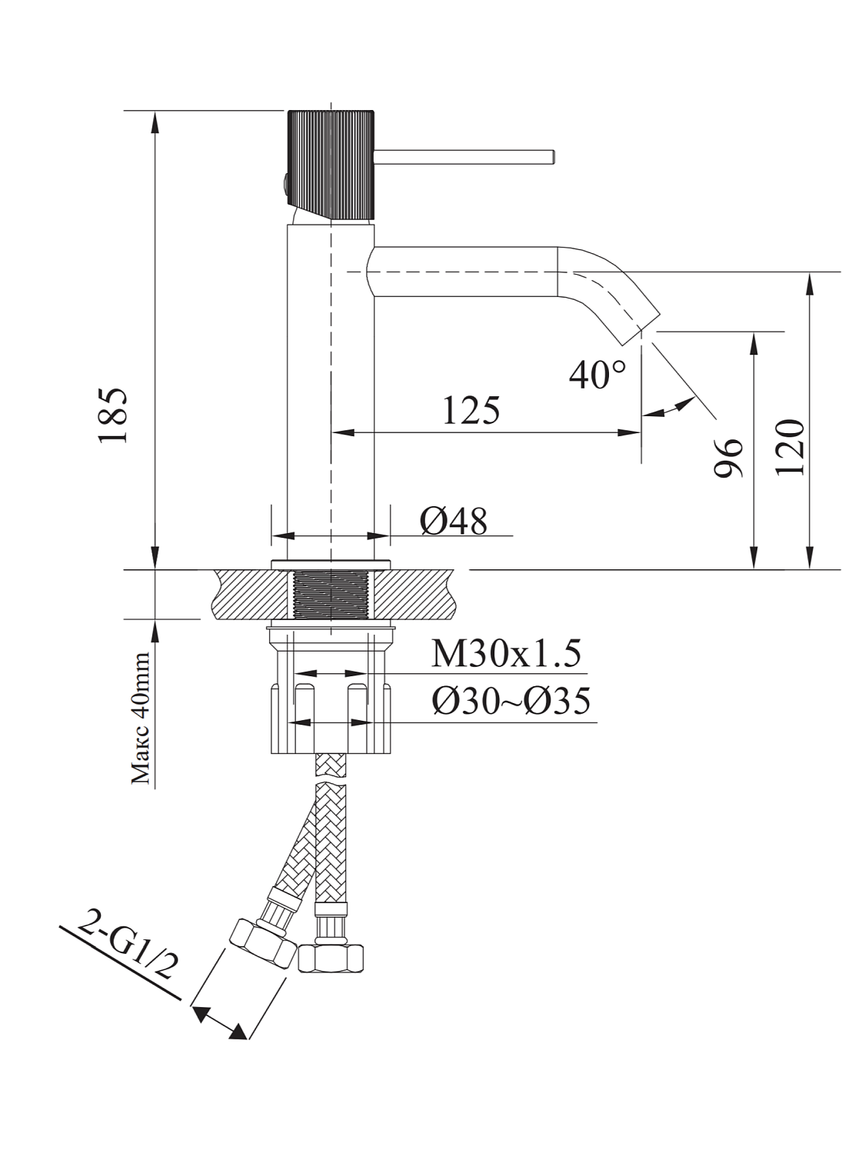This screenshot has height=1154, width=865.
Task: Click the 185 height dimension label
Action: click(x=114, y=415)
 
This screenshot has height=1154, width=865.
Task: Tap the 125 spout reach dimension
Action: click(x=471, y=409)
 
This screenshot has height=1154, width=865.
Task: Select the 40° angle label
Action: click(x=597, y=375)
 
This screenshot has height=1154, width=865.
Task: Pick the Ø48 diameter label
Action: click(x=454, y=522)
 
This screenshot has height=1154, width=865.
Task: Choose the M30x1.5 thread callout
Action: click(x=505, y=654)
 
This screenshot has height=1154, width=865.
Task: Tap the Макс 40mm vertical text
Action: click(x=141, y=717)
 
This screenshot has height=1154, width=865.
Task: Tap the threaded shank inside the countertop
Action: click(x=331, y=594)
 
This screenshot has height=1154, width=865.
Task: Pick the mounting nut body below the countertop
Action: click(x=331, y=719)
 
